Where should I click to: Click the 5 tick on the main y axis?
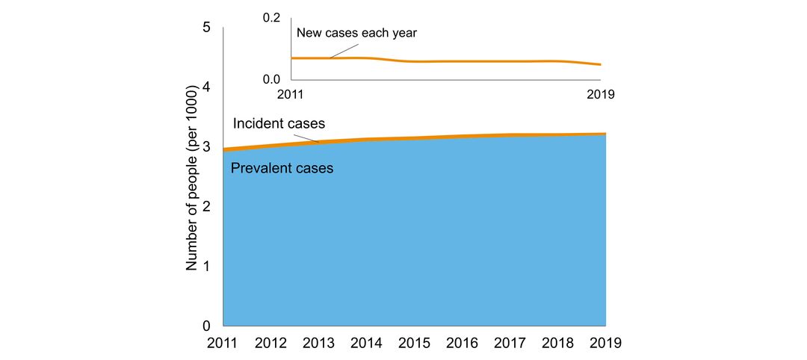207,28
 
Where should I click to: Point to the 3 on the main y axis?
207,147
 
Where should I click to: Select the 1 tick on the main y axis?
207,267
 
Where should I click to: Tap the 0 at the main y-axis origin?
207,326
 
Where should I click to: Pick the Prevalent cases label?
282,169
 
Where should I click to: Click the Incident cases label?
279,124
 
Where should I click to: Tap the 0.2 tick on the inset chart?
271,18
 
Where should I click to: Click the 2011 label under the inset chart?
291,95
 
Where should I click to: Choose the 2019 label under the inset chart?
599,95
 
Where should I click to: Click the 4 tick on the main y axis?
207,87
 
